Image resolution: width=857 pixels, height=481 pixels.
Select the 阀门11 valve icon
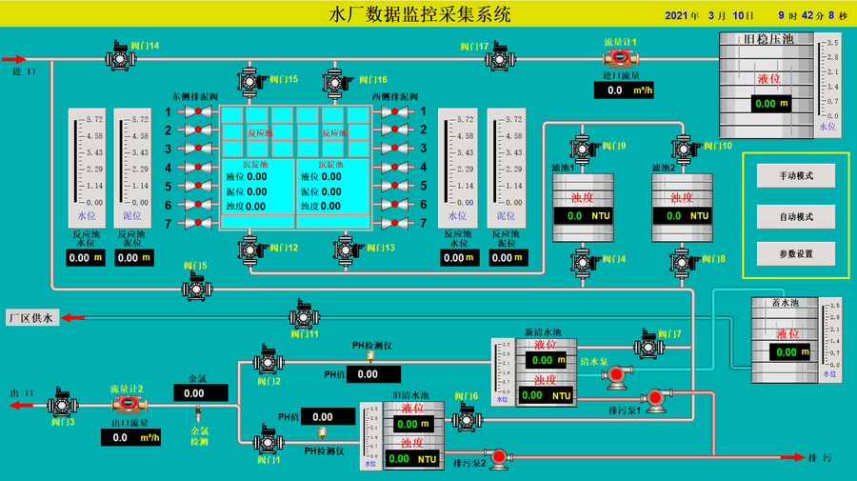(x=303, y=316)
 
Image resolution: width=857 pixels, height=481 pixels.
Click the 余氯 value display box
(x=200, y=392)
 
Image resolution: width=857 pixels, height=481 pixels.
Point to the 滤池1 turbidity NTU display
(x=582, y=216)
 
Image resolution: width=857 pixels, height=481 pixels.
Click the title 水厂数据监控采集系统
(x=419, y=14)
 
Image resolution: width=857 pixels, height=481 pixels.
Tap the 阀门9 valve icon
(x=582, y=148)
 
